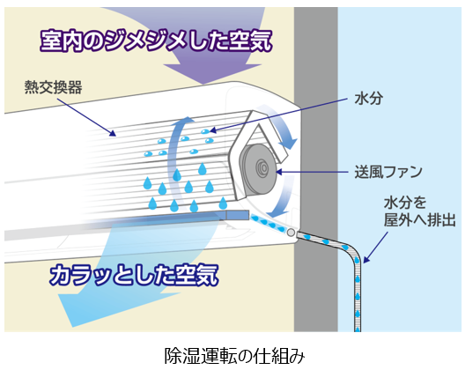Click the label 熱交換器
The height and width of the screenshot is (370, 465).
(x=54, y=87)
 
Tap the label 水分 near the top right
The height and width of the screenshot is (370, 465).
(x=369, y=98)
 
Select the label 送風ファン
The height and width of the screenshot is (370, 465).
(x=388, y=172)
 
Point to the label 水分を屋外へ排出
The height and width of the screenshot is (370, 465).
(x=419, y=211)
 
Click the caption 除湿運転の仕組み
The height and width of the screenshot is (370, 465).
(x=234, y=355)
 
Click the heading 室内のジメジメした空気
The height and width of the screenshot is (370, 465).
(x=156, y=41)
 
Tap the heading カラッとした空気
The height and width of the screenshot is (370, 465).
(x=134, y=275)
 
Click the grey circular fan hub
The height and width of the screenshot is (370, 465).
(x=262, y=168)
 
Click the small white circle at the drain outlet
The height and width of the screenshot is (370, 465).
(x=291, y=233)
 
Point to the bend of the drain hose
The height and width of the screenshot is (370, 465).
(x=354, y=253)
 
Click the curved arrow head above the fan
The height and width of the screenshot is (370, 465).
(x=288, y=144)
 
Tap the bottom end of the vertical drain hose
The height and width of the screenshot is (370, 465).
(x=358, y=329)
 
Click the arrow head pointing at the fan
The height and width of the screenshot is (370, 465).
(x=279, y=172)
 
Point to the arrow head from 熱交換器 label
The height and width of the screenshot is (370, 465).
(x=113, y=134)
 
